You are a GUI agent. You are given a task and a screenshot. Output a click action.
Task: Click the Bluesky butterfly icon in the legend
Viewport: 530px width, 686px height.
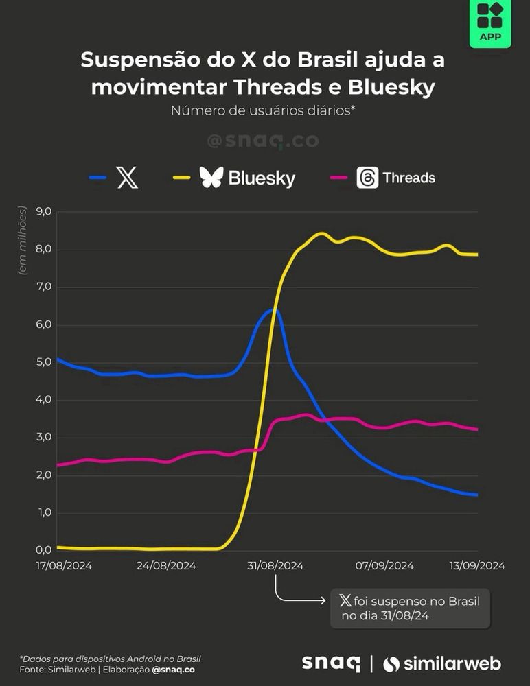click(x=211, y=178)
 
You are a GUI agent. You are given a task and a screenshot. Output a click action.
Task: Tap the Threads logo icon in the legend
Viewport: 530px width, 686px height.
click(x=367, y=178)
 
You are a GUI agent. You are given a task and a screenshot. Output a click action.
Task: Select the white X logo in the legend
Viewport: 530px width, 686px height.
click(x=128, y=179)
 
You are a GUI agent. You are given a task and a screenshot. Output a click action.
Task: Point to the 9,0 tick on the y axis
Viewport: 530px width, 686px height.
click(x=43, y=211)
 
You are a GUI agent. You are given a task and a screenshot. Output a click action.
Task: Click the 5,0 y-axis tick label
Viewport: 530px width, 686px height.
click(x=43, y=362)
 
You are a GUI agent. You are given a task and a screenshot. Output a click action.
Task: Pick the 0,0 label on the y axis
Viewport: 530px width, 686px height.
click(x=43, y=550)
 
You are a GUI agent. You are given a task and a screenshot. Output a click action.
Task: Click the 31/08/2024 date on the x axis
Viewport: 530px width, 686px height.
click(x=275, y=566)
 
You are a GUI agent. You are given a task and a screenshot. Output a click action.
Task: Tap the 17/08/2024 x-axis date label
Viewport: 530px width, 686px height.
click(x=64, y=566)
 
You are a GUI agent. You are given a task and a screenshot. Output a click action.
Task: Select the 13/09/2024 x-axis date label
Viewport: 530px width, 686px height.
click(x=478, y=566)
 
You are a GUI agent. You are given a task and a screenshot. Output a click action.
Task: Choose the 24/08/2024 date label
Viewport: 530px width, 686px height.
click(x=167, y=566)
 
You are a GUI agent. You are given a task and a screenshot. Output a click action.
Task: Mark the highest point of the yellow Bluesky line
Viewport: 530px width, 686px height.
click(x=321, y=234)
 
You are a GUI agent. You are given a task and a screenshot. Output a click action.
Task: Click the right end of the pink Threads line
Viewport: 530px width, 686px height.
click(x=476, y=429)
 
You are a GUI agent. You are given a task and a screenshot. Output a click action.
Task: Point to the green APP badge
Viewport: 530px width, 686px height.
click(x=489, y=23)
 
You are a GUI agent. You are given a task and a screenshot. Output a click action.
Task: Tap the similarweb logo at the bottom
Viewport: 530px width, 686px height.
click(x=442, y=664)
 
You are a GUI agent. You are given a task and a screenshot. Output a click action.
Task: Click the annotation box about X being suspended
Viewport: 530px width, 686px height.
click(x=410, y=608)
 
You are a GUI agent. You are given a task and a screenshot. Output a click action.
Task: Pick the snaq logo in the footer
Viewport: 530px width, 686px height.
click(x=331, y=663)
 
